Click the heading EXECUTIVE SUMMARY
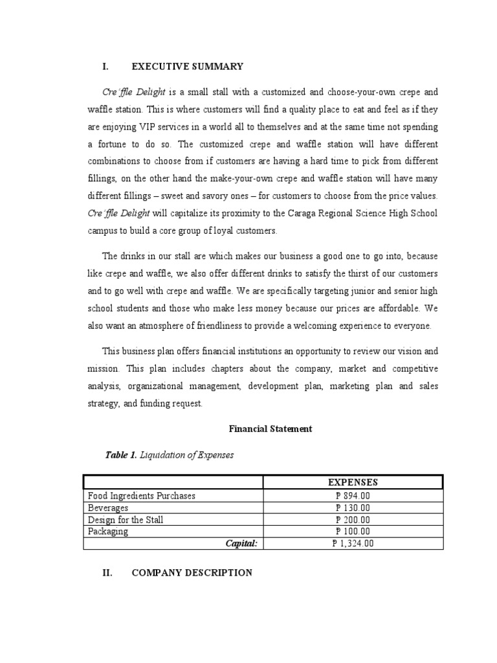click(187, 66)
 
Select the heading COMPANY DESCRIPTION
click(192, 572)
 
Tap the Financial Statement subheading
click(271, 429)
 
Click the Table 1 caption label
click(120, 455)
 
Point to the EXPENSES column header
click(353, 482)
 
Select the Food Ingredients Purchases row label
click(142, 496)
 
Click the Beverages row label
click(108, 508)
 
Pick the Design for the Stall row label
click(126, 520)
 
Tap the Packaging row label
click(108, 532)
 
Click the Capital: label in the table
click(241, 544)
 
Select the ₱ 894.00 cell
click(353, 496)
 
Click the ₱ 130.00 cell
click(353, 508)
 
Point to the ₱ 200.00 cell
click(353, 520)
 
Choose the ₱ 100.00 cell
click(353, 532)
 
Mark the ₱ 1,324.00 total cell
click(353, 544)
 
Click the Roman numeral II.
click(108, 572)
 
